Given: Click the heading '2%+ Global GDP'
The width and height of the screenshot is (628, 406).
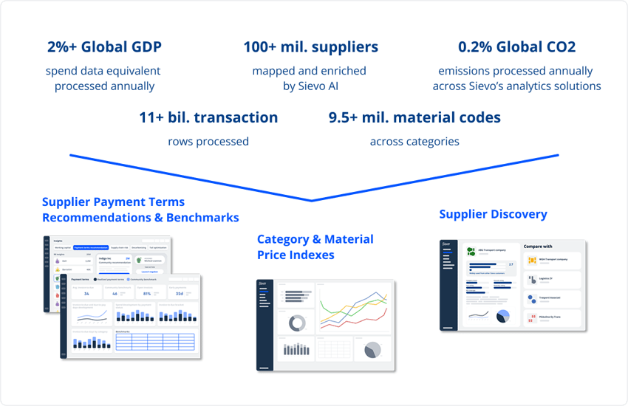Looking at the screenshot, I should click(103, 47).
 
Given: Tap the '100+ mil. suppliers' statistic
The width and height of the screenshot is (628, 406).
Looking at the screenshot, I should click(310, 47).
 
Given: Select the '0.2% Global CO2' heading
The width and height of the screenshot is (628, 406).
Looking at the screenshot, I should click(516, 47).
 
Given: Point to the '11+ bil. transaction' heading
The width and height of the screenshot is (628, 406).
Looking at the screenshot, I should click(208, 117).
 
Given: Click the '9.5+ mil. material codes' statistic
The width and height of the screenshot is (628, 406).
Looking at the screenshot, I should click(414, 117).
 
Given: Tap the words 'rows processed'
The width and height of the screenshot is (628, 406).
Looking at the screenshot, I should click(208, 141).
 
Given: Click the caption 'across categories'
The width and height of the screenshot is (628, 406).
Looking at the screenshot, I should click(414, 141).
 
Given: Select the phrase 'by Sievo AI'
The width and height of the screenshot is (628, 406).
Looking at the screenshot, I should click(310, 86).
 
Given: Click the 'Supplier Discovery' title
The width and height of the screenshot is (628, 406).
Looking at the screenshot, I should click(493, 214).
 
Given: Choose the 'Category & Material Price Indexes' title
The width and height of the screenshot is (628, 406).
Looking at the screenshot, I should click(315, 247).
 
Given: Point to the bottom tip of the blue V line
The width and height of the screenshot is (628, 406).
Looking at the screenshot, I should click(311, 200).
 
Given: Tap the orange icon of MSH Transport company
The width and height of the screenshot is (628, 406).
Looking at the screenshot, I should click(532, 261).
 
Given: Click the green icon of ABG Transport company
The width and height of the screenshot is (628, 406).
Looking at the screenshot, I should click(471, 252).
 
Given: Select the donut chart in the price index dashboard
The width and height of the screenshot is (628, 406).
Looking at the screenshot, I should click(297, 322).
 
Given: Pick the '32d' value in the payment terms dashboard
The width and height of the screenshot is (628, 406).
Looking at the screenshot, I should click(180, 293).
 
